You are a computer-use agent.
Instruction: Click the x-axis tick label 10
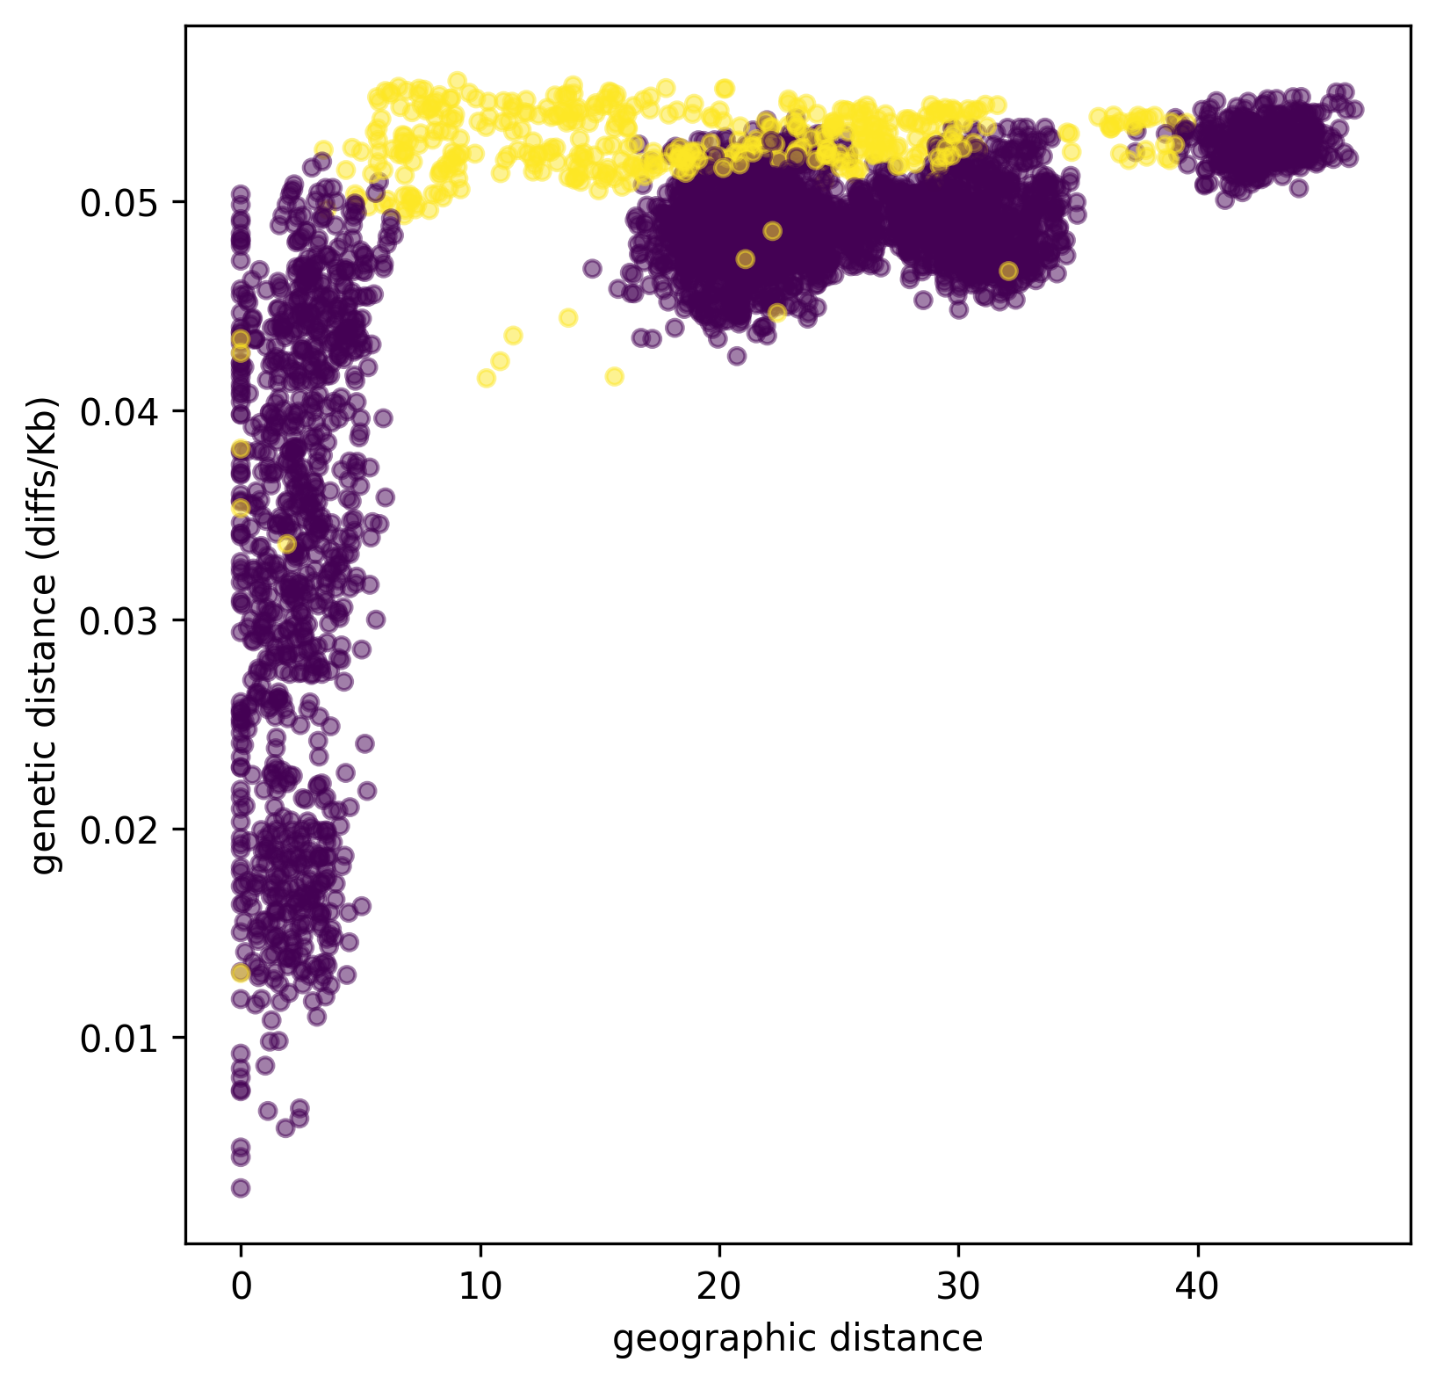pos(480,1286)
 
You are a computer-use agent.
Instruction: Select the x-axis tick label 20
pos(719,1286)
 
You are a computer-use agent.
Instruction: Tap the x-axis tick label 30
pos(958,1286)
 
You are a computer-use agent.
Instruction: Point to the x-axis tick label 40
pos(1197,1286)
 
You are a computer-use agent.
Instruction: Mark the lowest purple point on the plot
pos(241,1188)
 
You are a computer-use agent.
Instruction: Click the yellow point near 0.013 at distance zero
pos(241,972)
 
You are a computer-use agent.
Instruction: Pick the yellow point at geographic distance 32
pos(1008,271)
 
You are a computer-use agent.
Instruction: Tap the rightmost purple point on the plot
pos(1355,110)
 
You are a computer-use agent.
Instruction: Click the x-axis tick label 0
pos(241,1286)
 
